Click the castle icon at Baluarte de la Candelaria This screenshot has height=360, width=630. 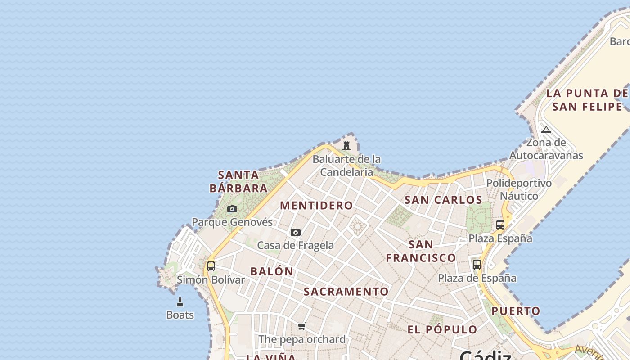coord(346,146)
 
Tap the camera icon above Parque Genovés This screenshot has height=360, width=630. coord(232,209)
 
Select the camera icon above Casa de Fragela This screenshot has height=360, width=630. coord(296,233)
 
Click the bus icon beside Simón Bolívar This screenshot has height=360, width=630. coord(211,266)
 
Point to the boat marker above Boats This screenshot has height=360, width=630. coord(180,302)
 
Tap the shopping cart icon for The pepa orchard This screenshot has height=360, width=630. coord(302,326)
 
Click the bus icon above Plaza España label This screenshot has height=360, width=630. coord(500,225)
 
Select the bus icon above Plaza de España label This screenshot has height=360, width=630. coord(477,265)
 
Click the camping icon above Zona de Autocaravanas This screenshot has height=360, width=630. coord(546,130)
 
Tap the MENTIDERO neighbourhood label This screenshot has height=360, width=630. coord(317,206)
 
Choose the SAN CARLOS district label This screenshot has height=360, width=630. coord(443,200)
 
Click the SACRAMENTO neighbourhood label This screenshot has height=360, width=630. coord(346,292)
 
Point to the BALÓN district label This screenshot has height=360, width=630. coord(272,271)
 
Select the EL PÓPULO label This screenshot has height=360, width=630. coord(442,329)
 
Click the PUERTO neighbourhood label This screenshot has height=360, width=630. coord(516,311)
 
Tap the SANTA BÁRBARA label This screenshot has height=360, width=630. coord(239,181)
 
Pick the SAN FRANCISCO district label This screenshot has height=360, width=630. coord(421,251)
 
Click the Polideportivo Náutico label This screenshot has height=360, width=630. coord(519,189)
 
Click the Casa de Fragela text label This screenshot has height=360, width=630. coord(296,245)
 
